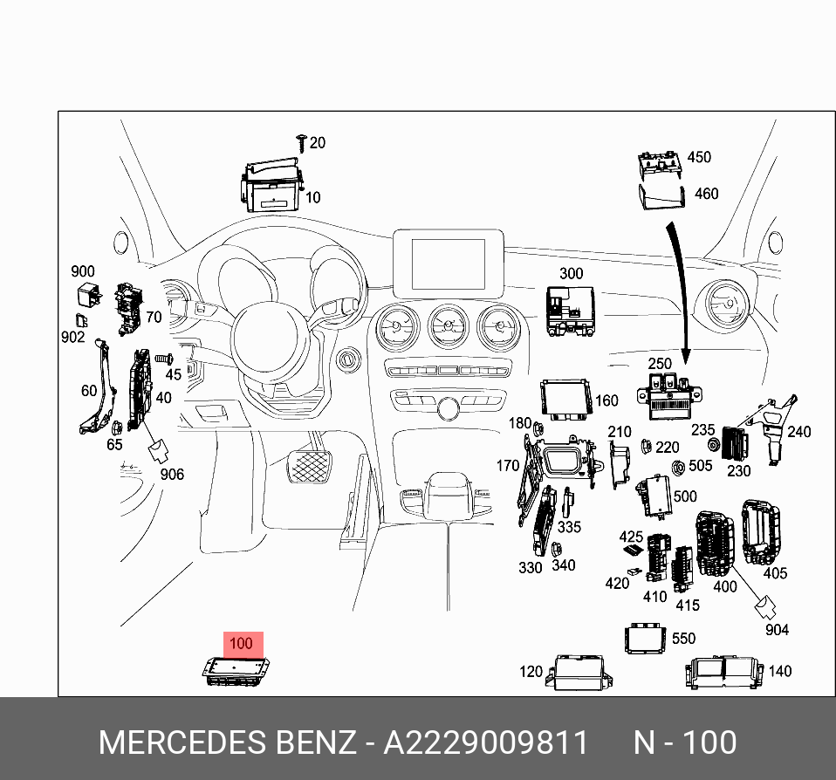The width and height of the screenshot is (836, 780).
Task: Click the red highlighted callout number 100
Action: (x=240, y=644)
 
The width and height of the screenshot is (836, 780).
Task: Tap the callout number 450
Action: (x=699, y=157)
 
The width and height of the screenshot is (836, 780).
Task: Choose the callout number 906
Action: (x=171, y=475)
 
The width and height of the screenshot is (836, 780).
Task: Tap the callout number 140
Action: (x=779, y=671)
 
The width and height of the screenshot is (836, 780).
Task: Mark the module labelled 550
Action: (x=647, y=639)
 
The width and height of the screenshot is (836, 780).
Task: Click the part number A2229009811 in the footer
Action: (x=487, y=743)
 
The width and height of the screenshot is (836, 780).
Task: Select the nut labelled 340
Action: (x=552, y=549)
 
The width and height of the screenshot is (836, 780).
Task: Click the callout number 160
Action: (x=606, y=401)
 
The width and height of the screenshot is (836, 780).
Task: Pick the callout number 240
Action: (x=798, y=431)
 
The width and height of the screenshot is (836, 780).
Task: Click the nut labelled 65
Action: (x=115, y=427)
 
